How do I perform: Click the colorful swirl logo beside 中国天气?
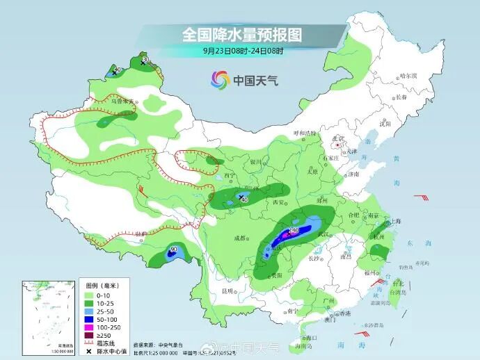point(219,81)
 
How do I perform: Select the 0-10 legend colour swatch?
point(89,295)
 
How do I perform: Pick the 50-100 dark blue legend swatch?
point(89,320)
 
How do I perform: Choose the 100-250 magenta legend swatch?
point(89,328)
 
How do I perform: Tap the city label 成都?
point(240,238)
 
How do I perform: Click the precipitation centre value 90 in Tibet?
point(173,249)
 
